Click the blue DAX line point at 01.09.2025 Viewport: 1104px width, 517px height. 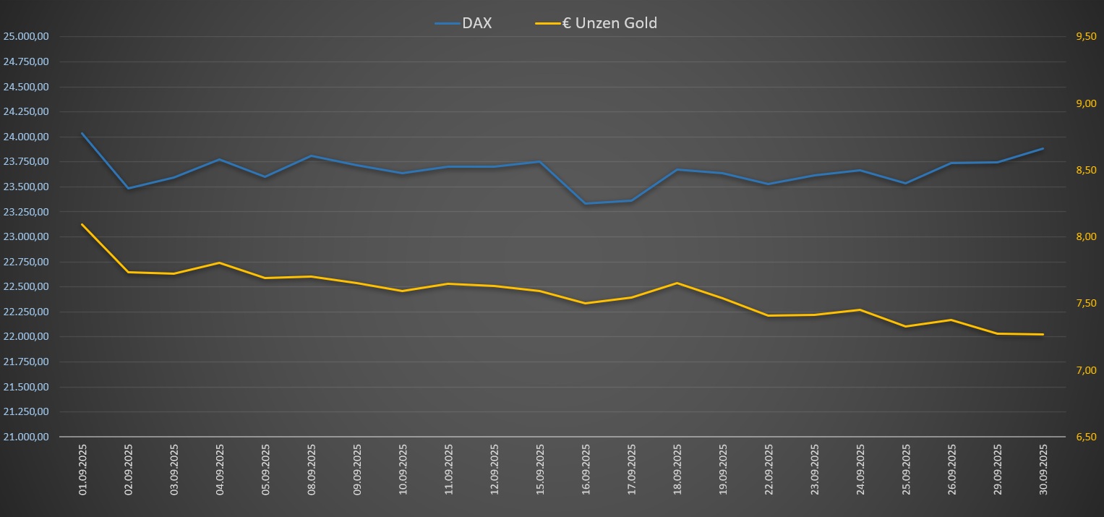click(x=82, y=133)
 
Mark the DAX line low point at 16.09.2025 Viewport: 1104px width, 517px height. click(x=586, y=203)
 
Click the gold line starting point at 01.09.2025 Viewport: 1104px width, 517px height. click(x=82, y=224)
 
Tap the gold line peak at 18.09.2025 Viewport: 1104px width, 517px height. click(x=677, y=283)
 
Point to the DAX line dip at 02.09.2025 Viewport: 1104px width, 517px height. click(x=128, y=188)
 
